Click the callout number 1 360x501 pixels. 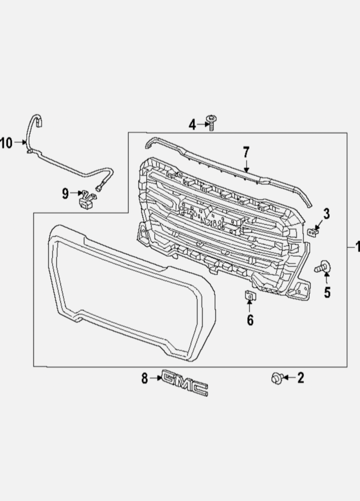[x=357, y=247]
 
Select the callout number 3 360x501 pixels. [x=326, y=213]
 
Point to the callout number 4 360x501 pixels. [x=192, y=125]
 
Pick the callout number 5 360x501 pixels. [x=327, y=292]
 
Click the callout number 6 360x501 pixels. [x=250, y=321]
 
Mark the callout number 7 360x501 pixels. [x=246, y=152]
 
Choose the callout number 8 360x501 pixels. [x=144, y=378]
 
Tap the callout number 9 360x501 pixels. [x=65, y=194]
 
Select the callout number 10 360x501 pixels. [x=6, y=143]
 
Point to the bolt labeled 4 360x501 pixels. [x=211, y=122]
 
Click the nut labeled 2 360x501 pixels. [x=277, y=377]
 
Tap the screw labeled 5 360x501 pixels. [x=322, y=267]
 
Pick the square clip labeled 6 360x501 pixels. [x=249, y=295]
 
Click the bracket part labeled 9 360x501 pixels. [x=86, y=200]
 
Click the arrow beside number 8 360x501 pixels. [x=156, y=378]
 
